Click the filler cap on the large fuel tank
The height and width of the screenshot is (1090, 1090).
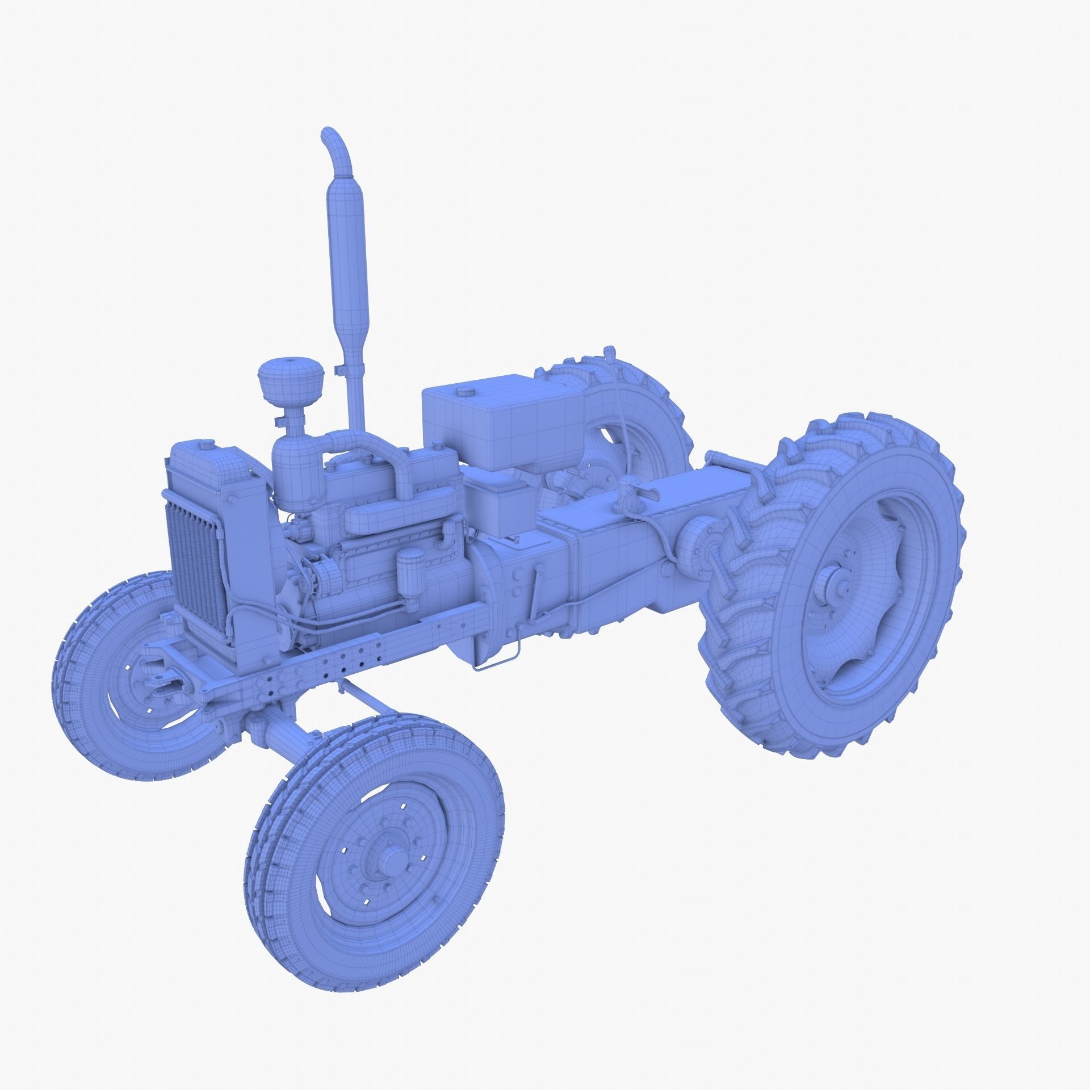[467, 391]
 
